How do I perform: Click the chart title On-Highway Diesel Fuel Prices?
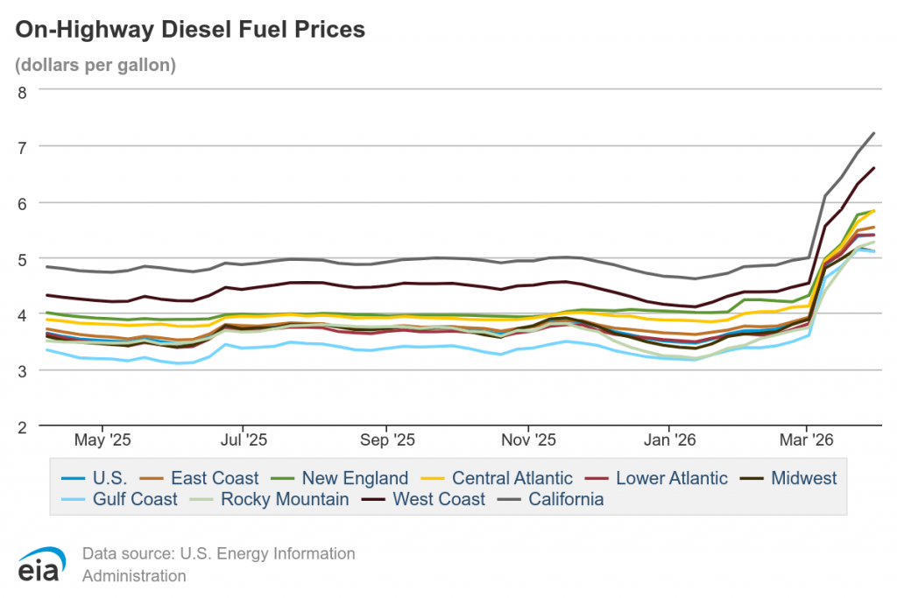[190, 30]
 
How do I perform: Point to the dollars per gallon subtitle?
[95, 65]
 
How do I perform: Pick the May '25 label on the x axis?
[102, 437]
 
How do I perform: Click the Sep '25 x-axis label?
[386, 437]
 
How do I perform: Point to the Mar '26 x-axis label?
[806, 437]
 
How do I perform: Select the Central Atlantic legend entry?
[512, 478]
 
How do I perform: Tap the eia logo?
[40, 564]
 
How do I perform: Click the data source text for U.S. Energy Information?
[218, 553]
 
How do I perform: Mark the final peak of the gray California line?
[874, 133]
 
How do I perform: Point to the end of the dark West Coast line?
[874, 167]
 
